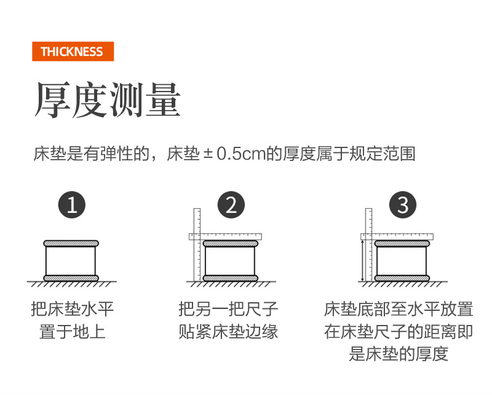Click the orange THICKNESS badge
[x=73, y=52]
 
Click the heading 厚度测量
[x=108, y=100]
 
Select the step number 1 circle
[x=72, y=205]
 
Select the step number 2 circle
[x=231, y=205]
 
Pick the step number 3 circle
[x=403, y=205]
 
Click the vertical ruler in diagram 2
[x=197, y=244]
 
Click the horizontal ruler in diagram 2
[x=225, y=237]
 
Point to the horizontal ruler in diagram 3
[x=397, y=237]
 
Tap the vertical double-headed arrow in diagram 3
[x=363, y=260]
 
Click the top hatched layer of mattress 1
[x=71, y=244]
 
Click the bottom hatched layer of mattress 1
[x=71, y=278]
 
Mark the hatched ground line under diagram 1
[x=72, y=284]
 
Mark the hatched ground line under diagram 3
[x=403, y=284]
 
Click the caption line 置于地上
[x=72, y=331]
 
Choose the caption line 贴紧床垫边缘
[x=228, y=331]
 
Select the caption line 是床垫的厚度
[x=399, y=354]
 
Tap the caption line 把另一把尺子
[x=228, y=309]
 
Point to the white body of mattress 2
[x=230, y=261]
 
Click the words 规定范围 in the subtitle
[x=383, y=154]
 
